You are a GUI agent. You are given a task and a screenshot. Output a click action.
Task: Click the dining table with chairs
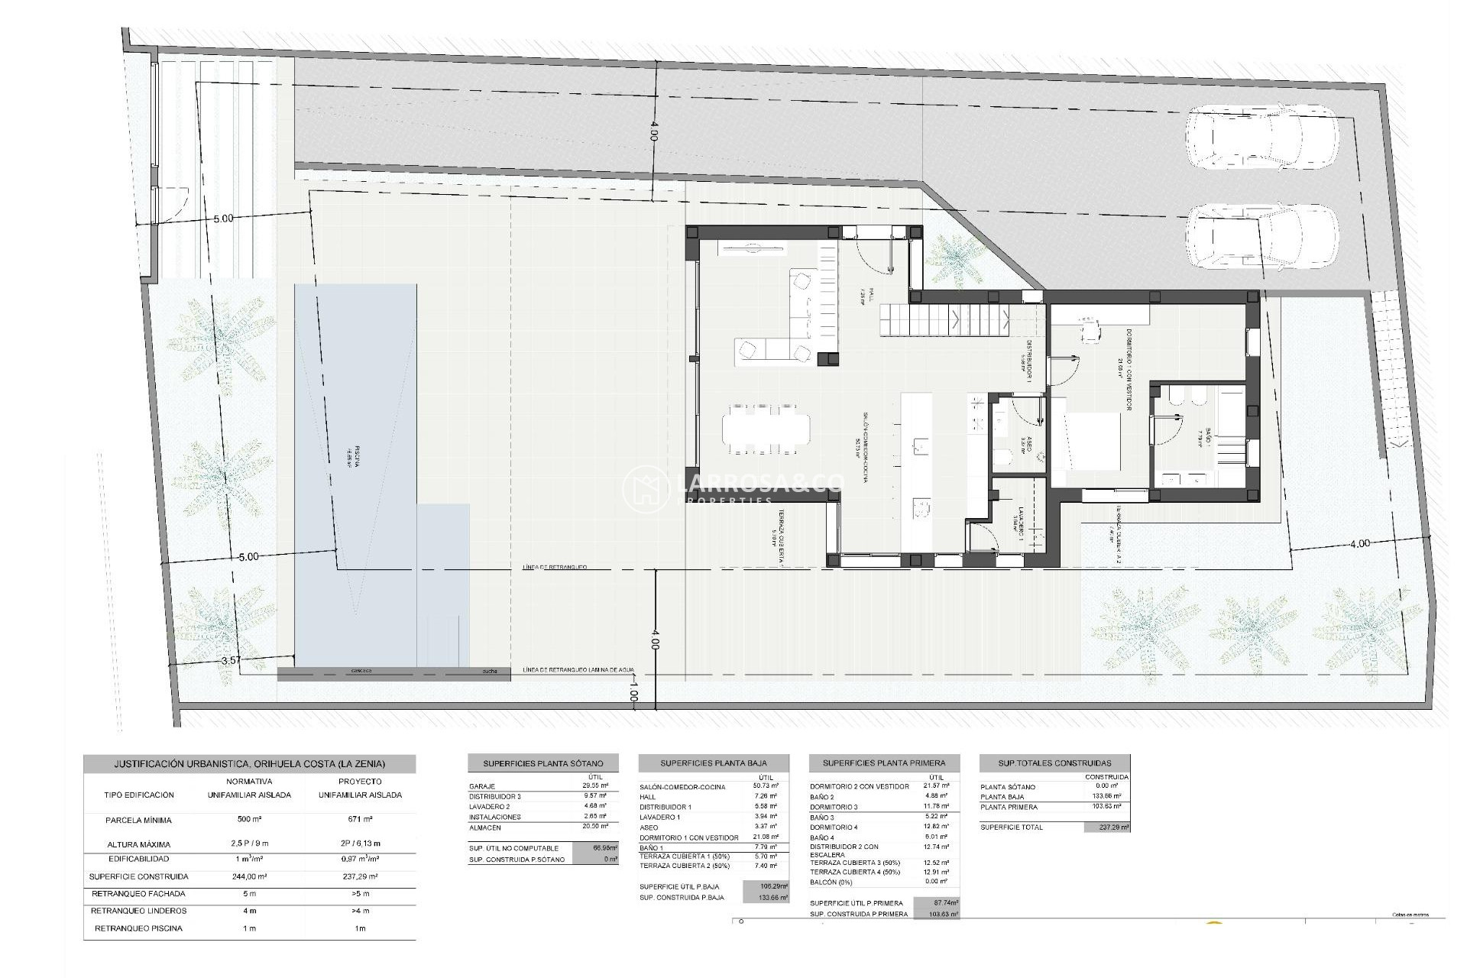766,429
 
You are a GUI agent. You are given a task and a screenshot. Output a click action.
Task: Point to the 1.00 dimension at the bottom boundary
633,696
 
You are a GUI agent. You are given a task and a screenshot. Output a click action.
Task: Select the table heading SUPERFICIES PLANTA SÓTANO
542,763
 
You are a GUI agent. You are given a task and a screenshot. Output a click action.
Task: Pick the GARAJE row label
482,786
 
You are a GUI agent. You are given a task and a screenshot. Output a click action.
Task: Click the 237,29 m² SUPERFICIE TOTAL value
1106,827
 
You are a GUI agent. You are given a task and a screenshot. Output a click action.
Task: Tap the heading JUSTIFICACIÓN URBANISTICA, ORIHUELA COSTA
249,763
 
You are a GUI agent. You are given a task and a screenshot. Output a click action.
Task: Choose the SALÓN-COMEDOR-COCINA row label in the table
688,786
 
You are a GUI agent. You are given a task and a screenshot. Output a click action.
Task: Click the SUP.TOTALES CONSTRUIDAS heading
1054,763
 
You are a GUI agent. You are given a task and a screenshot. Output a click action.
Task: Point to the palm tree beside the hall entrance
954,261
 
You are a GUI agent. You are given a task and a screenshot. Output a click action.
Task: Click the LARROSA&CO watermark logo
733,488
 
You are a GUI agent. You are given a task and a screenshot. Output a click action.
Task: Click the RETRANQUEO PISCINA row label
138,928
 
